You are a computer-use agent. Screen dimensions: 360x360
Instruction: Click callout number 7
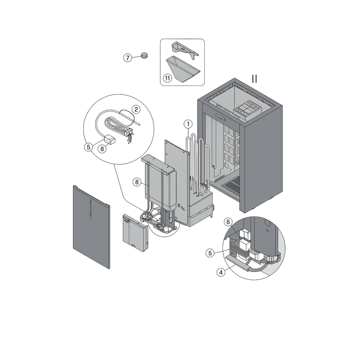pos(128,58)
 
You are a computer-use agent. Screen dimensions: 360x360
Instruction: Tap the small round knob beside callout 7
pos(144,55)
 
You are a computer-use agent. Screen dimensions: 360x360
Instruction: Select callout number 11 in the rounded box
pos(167,78)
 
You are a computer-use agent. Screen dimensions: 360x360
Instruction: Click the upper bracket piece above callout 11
pos(185,50)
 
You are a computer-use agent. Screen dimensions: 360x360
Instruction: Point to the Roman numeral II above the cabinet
pos(254,79)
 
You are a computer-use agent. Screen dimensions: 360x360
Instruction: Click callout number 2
pos(136,109)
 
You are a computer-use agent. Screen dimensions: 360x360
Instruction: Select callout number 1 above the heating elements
pos(188,124)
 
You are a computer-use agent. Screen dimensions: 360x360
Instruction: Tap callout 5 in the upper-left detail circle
pos(89,147)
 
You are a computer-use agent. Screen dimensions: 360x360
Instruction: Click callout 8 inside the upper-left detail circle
pos(102,149)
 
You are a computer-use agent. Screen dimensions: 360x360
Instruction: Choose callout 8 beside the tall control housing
pos(137,182)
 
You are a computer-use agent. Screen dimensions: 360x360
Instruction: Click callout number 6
pos(228,222)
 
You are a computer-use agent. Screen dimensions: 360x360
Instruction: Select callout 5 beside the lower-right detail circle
pos(210,253)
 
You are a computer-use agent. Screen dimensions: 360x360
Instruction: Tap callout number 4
pos(221,272)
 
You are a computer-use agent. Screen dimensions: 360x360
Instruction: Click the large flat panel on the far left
pos(91,227)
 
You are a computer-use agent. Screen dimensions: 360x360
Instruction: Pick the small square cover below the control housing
pos(135,233)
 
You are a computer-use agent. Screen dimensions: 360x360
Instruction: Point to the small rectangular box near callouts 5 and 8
pos(110,140)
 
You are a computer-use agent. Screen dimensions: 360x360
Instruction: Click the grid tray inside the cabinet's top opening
pos(247,110)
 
